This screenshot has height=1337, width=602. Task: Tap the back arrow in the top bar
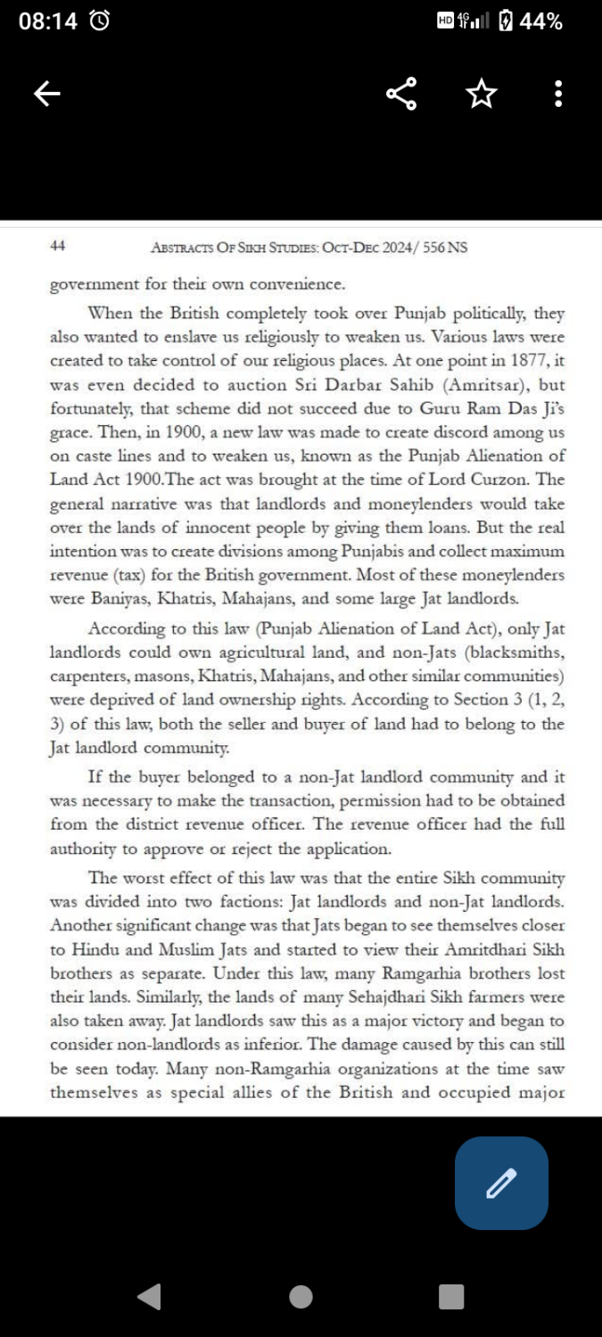pyautogui.click(x=47, y=94)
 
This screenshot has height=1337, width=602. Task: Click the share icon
pyautogui.click(x=401, y=94)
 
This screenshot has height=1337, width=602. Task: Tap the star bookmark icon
pyautogui.click(x=482, y=94)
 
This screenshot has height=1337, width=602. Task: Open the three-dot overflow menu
pyautogui.click(x=558, y=94)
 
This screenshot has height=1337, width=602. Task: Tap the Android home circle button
pyautogui.click(x=301, y=1296)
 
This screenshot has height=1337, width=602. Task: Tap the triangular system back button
pyautogui.click(x=150, y=1296)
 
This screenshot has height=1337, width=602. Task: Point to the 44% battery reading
pyautogui.click(x=540, y=21)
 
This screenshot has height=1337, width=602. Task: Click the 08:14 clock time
pyautogui.click(x=48, y=21)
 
